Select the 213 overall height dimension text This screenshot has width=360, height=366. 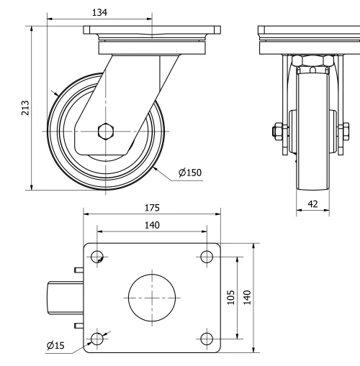click(x=25, y=109)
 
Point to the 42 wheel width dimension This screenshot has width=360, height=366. click(x=312, y=203)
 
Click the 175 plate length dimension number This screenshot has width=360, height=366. click(x=152, y=208)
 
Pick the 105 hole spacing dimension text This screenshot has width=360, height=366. click(x=231, y=297)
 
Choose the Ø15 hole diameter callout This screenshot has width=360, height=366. click(x=55, y=346)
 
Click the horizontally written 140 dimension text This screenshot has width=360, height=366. click(x=152, y=225)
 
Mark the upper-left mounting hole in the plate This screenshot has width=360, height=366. click(x=98, y=257)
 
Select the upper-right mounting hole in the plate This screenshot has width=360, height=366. click(x=207, y=257)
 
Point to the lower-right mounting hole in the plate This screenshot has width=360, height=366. click(x=207, y=338)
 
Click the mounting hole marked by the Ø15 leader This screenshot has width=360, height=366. click(x=98, y=338)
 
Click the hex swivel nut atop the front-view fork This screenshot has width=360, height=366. click(x=312, y=63)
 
